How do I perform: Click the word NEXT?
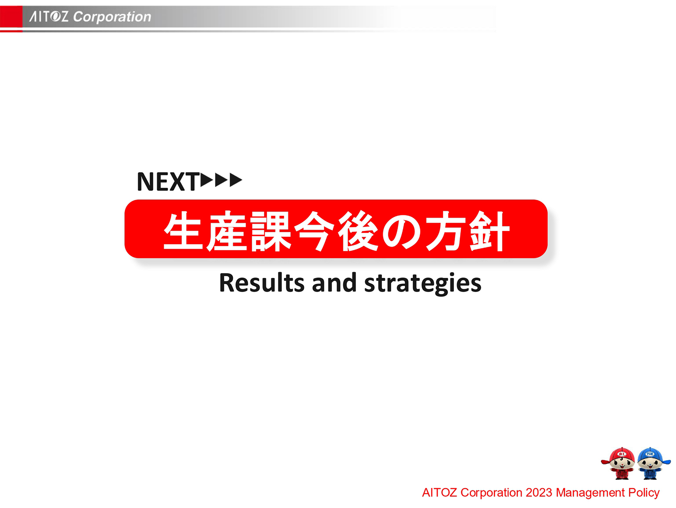(168, 182)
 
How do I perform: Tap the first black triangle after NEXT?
(207, 180)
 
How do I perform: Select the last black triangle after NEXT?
(236, 180)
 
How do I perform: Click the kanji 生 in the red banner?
(183, 231)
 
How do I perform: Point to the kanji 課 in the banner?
(271, 231)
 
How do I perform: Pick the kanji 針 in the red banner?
(490, 231)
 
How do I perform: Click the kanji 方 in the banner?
(446, 231)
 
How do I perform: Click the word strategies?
(422, 283)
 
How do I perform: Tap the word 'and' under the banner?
(334, 283)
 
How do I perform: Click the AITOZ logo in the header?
(48, 16)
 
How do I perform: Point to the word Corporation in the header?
(112, 17)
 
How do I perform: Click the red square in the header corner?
(11, 17)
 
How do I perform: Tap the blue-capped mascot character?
(651, 463)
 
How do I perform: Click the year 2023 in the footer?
(539, 492)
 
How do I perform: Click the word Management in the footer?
(590, 493)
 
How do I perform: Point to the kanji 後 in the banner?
(358, 231)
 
